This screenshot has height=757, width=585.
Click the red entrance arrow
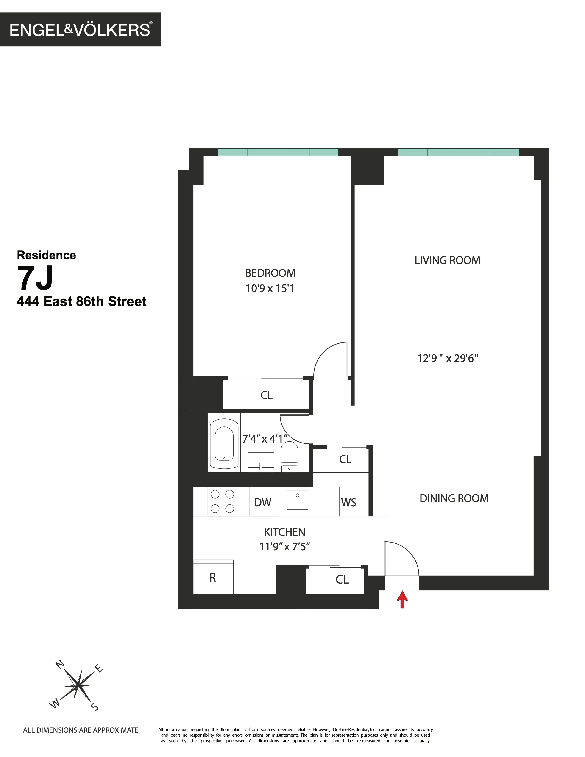click(x=402, y=600)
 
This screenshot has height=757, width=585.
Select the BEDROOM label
click(x=270, y=273)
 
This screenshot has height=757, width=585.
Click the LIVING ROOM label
click(x=447, y=260)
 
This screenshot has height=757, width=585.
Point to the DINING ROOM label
click(x=454, y=498)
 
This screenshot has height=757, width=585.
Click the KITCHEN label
click(x=284, y=532)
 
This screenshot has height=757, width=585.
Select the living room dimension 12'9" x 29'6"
click(x=448, y=358)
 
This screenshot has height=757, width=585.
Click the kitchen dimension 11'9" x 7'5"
click(x=284, y=547)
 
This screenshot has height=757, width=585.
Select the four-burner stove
click(x=222, y=501)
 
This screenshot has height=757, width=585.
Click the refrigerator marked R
click(x=213, y=578)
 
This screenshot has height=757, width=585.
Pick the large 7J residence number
click(x=36, y=279)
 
